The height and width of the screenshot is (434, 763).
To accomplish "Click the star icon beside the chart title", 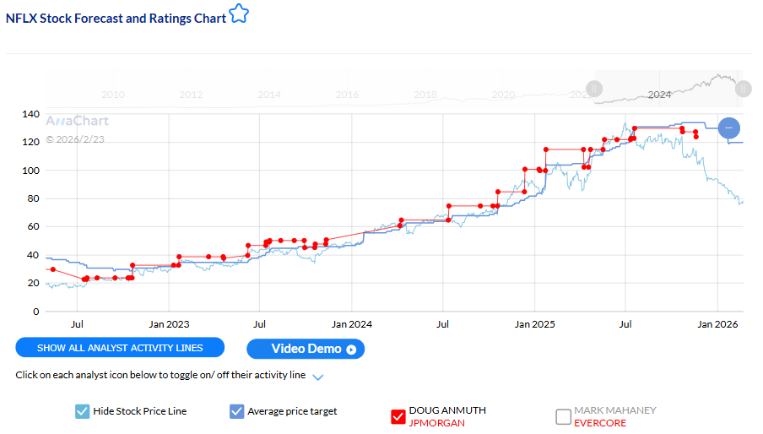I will [240, 14].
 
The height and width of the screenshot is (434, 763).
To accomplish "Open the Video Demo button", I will [305, 349].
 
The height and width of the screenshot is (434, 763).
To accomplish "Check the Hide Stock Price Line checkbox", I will [82, 412].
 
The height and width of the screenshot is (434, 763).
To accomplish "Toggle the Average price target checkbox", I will [236, 412].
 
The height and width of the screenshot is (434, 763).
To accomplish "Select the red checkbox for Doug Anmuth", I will [398, 416].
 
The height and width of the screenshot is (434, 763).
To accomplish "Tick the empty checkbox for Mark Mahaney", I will [563, 416].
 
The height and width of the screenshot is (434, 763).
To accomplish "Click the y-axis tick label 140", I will [30, 114].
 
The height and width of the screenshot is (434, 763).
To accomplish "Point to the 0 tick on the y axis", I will [35, 312].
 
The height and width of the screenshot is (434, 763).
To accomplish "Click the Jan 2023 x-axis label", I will [170, 323].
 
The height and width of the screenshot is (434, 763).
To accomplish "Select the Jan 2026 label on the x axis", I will [717, 323].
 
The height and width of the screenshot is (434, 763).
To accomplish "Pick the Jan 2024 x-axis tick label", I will [351, 323].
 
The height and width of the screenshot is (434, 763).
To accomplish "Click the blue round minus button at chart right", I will [729, 128].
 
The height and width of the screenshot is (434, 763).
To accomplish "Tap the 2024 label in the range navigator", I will [658, 95].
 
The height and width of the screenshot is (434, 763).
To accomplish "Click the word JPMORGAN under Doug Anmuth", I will [436, 423].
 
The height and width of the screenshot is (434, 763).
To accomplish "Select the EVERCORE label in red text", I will [600, 423].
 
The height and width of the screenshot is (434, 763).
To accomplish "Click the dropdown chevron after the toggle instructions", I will [318, 377].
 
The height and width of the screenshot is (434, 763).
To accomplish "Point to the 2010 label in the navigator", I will [112, 95].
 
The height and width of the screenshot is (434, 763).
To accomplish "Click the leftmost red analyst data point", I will [52, 269].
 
